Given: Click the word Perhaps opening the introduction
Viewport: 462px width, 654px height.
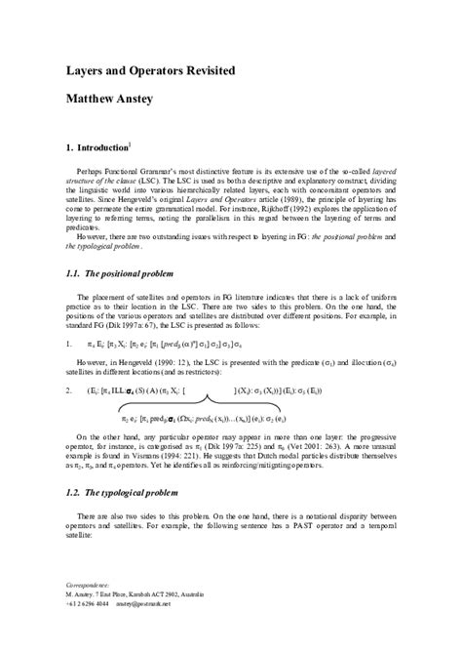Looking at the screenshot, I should click(97, 171).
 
